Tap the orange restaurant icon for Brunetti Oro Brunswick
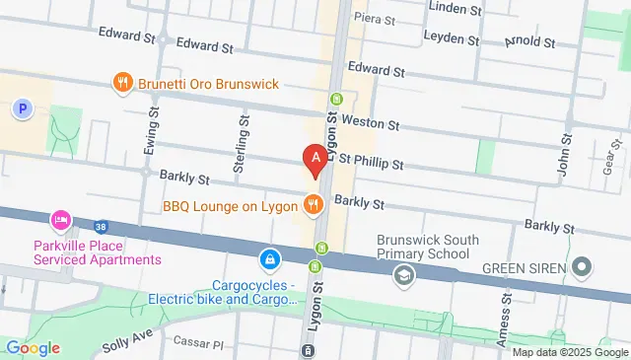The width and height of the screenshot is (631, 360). [x=122, y=84]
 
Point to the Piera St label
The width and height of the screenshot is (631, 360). [x=375, y=19]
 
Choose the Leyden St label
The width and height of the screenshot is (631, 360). [x=451, y=36]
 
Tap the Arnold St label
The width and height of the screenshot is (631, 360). [x=529, y=42]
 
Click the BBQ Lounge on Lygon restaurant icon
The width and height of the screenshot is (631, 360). [x=313, y=205]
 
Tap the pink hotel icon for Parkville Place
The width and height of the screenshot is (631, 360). [x=60, y=218]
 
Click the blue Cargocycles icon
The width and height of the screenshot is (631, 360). [x=268, y=259]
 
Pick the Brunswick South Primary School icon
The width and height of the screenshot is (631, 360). [x=402, y=275]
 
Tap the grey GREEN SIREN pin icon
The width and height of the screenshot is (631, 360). [x=582, y=265]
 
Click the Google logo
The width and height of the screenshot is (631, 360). [x=32, y=347]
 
